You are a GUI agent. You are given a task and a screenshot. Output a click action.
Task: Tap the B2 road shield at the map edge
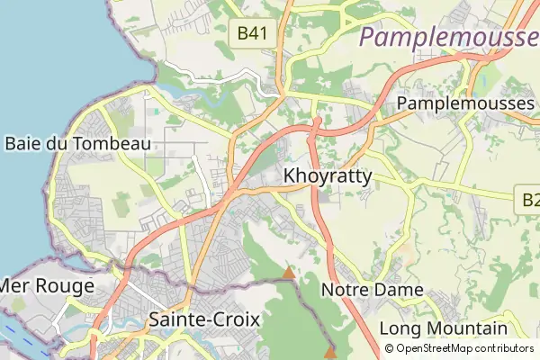(x=531, y=199)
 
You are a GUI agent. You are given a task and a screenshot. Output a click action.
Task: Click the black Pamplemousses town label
(x=465, y=103)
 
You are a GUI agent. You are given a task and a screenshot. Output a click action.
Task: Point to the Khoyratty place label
(x=327, y=176)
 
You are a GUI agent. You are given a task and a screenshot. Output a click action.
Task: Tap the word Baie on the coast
(x=22, y=143)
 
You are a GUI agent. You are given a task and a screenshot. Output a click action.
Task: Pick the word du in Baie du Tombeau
(x=58, y=143)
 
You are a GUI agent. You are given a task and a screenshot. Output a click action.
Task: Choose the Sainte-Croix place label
(x=204, y=319)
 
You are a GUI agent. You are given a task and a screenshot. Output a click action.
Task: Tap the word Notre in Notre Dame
(x=346, y=291)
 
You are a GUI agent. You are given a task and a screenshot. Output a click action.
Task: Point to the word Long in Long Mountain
(x=399, y=328)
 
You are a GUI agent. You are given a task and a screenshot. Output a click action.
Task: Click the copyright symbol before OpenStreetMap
(x=390, y=348)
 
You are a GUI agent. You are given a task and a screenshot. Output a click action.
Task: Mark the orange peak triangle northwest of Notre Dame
(x=289, y=272)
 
